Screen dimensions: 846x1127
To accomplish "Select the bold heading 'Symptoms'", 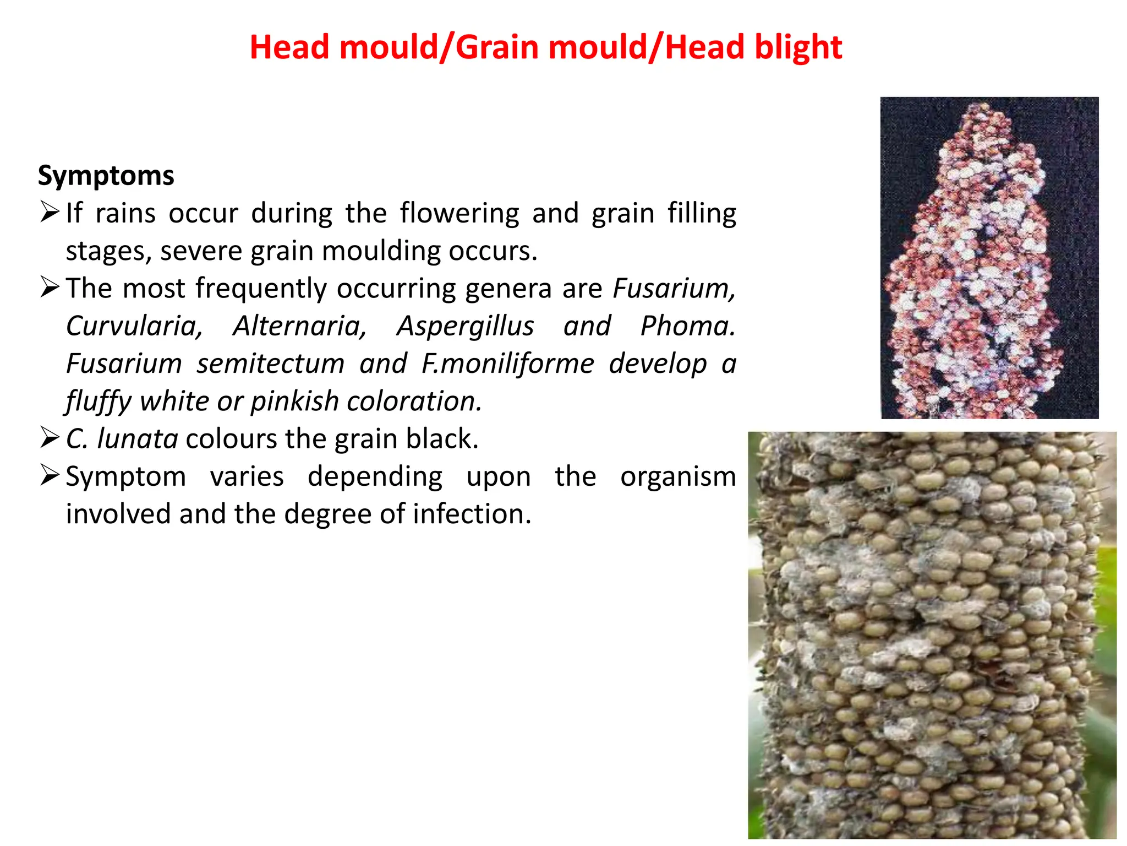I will point(106,176).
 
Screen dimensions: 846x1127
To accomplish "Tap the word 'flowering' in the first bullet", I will point(459,214).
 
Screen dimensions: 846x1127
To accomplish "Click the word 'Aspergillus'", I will point(465,326).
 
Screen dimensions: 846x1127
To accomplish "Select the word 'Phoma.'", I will point(687,326).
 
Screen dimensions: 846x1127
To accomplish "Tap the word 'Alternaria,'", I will point(300,326).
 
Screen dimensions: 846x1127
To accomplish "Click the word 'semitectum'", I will point(271,364).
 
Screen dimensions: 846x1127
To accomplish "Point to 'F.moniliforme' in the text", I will point(507,364).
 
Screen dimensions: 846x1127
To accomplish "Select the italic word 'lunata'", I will point(138,439).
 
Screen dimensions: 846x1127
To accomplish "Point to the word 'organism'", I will point(677,477).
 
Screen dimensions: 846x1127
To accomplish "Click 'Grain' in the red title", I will point(496,47).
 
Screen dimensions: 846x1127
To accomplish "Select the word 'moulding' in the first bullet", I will point(380,252).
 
